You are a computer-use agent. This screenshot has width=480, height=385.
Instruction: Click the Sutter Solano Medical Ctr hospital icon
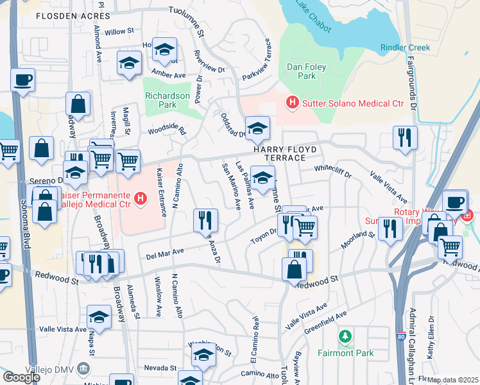tap(293, 102)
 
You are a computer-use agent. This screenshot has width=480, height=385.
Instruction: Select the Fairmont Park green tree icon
tap(345, 336)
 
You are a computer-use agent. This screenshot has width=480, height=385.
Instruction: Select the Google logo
tap(21, 377)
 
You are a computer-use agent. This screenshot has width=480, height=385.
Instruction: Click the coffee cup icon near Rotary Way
tap(455, 201)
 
